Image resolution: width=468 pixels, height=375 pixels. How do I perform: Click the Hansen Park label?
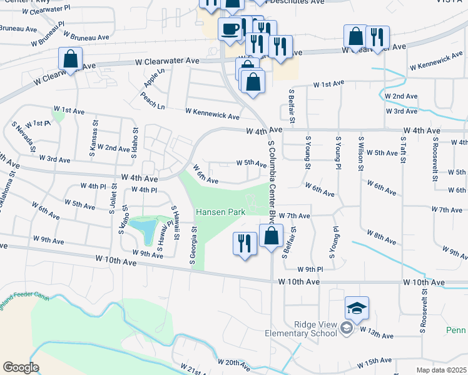220,212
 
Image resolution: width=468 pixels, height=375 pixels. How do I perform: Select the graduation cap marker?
357,307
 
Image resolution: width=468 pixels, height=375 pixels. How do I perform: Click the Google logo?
21,367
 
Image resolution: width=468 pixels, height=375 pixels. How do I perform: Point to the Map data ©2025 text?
441,370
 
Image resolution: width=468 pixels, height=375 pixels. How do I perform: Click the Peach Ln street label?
153,102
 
